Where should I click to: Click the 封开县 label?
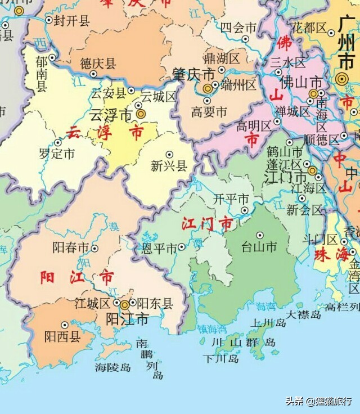click(x=71, y=21)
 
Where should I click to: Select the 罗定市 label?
click(x=56, y=153)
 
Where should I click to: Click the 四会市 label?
click(x=238, y=27)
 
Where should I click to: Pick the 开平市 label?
click(x=231, y=200)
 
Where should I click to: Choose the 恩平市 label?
click(x=160, y=247)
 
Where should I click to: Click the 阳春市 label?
click(x=71, y=247)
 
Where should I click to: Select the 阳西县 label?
click(x=62, y=336)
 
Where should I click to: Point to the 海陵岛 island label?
click(x=112, y=367)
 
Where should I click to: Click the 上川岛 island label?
click(x=269, y=322)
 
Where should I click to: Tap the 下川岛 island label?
click(x=221, y=358)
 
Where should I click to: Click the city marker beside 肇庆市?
click(x=208, y=88)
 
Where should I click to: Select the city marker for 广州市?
click(x=341, y=79)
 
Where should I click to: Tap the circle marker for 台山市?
click(x=260, y=235)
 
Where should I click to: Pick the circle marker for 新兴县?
click(x=169, y=154)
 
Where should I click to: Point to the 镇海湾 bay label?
click(x=211, y=329)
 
